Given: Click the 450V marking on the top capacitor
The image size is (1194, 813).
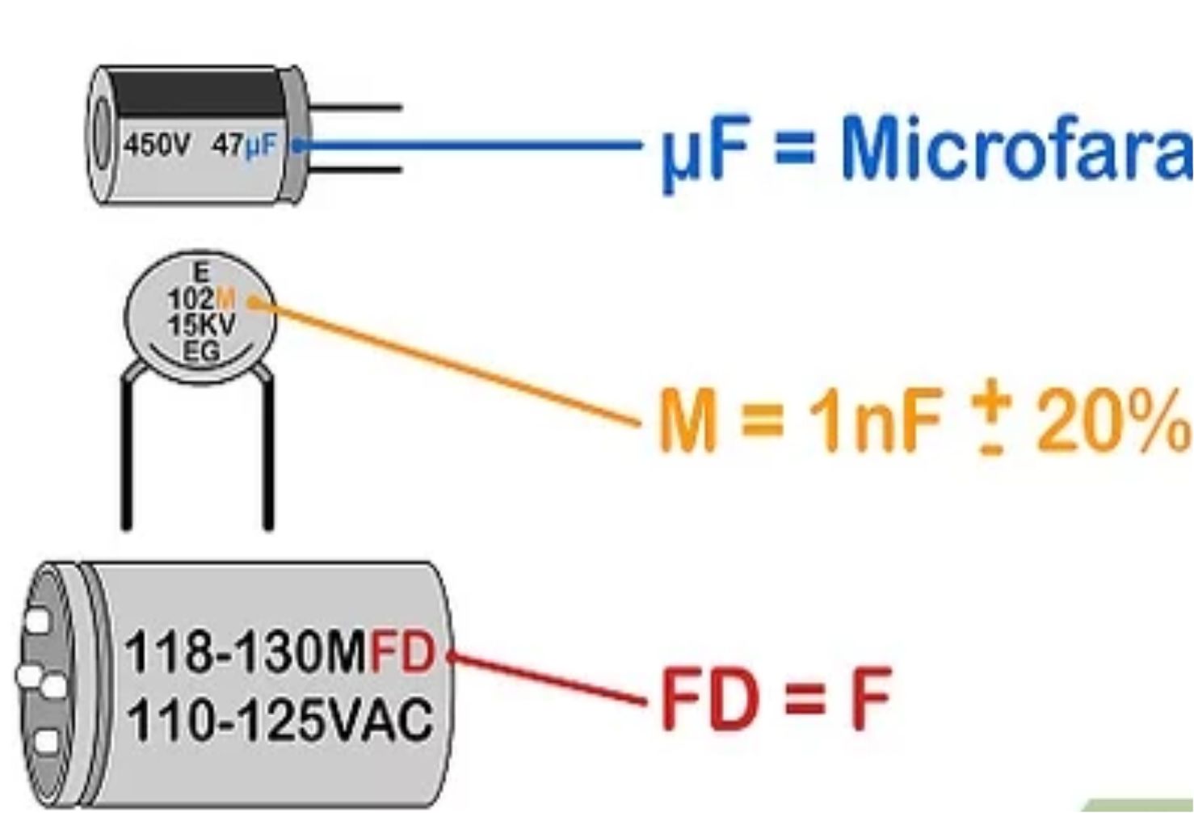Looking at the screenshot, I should click(157, 146).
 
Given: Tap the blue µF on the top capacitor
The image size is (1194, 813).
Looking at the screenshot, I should click(259, 146).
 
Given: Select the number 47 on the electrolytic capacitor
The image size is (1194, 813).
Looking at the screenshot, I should click(226, 146).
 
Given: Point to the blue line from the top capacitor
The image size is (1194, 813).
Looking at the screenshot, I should click(469, 146).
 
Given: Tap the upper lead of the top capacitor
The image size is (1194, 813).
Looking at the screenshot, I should click(355, 107).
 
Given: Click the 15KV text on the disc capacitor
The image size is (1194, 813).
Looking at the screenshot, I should click(201, 326).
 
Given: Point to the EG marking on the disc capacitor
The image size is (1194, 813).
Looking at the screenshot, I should click(201, 352).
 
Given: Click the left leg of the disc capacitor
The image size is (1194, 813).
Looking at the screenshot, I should click(126, 453).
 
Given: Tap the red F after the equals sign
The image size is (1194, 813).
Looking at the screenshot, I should click(868, 698).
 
